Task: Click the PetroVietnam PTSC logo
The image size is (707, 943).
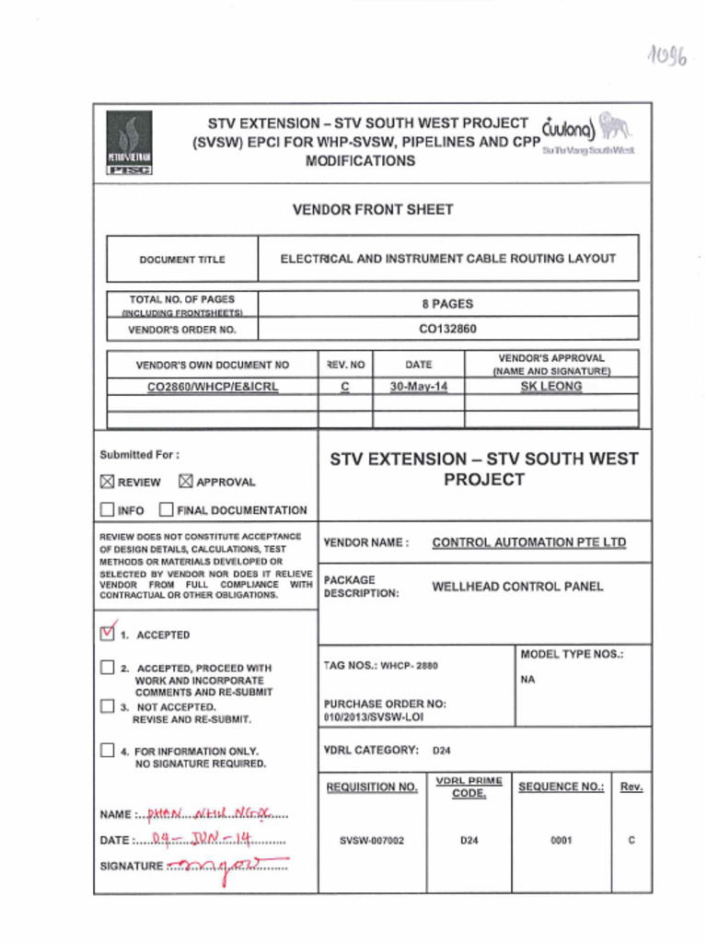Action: (130, 143)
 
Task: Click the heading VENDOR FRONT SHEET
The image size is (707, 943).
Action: (373, 210)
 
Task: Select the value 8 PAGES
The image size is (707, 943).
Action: (447, 303)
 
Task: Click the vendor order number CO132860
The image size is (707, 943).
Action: (447, 328)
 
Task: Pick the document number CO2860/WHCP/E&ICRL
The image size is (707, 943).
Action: (213, 387)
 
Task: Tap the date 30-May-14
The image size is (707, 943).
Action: (418, 387)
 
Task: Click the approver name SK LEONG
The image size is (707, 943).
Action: (551, 387)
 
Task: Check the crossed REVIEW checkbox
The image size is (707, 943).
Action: (108, 482)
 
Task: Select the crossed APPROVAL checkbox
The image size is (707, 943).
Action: (185, 482)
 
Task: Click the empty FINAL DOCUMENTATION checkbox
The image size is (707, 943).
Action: (166, 509)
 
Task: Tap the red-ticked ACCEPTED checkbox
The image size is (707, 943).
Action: (108, 634)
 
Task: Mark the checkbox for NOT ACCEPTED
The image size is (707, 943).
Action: (108, 707)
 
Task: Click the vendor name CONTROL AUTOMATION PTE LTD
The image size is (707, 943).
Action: (528, 542)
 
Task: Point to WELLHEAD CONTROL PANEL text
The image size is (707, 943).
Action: (517, 587)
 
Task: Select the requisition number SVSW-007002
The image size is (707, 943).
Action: (371, 841)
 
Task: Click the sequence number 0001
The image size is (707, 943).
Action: (562, 841)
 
